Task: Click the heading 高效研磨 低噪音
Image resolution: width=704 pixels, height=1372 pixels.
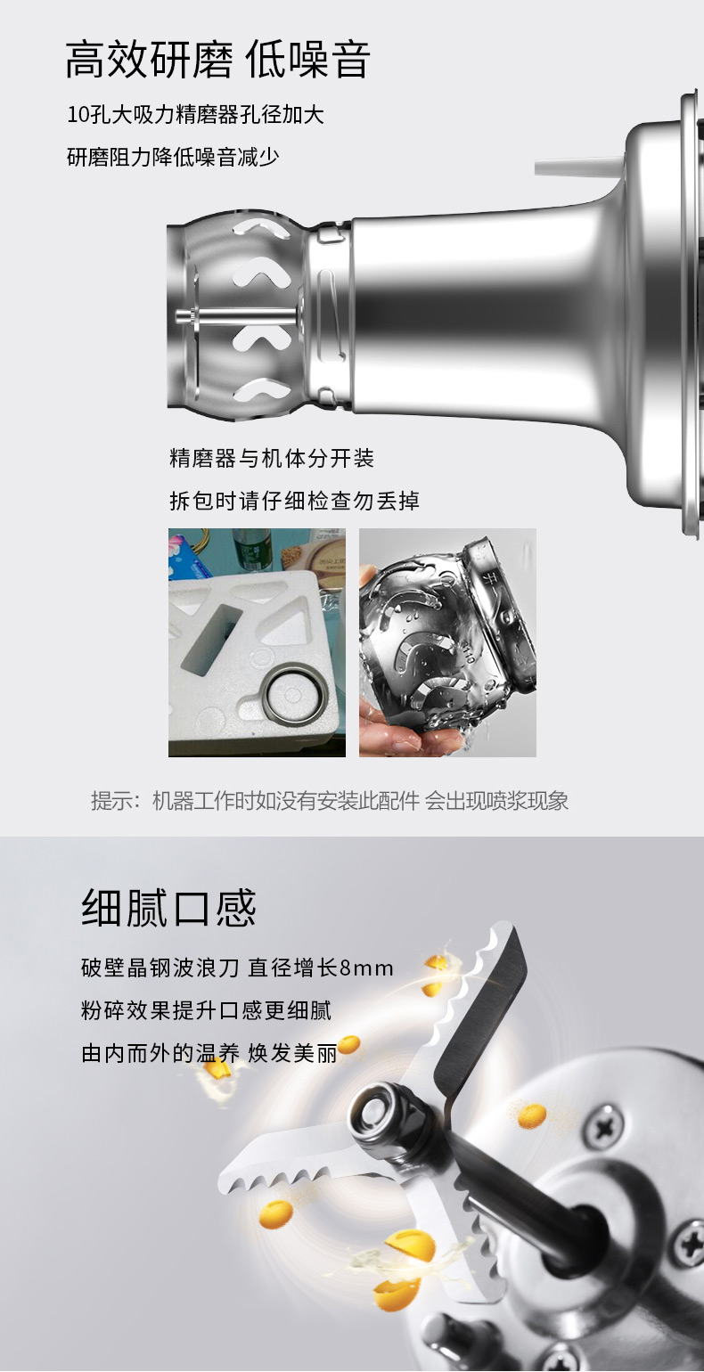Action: pyautogui.click(x=217, y=60)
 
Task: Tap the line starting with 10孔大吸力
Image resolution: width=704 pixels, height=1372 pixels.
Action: pyautogui.click(x=195, y=115)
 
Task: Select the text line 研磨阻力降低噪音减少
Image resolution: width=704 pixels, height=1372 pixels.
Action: pyautogui.click(x=173, y=158)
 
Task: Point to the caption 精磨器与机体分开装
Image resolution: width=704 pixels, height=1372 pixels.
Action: pyautogui.click(x=272, y=458)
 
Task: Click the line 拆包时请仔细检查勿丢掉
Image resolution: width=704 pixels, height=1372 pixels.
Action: pyautogui.click(x=294, y=501)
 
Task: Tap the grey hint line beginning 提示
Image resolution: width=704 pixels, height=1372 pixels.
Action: pyautogui.click(x=330, y=801)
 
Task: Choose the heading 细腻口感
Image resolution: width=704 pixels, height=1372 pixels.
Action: pyautogui.click(x=168, y=908)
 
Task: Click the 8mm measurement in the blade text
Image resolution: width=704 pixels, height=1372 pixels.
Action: pyautogui.click(x=365, y=968)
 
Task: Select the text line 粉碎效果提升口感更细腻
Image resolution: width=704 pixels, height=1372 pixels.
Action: pyautogui.click(x=206, y=1010)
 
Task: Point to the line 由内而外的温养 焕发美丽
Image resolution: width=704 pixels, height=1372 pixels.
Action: pyautogui.click(x=209, y=1053)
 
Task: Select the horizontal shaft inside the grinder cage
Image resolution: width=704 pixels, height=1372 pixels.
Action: pyautogui.click(x=239, y=316)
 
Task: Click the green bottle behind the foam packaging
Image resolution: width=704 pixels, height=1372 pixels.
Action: pyautogui.click(x=250, y=550)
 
